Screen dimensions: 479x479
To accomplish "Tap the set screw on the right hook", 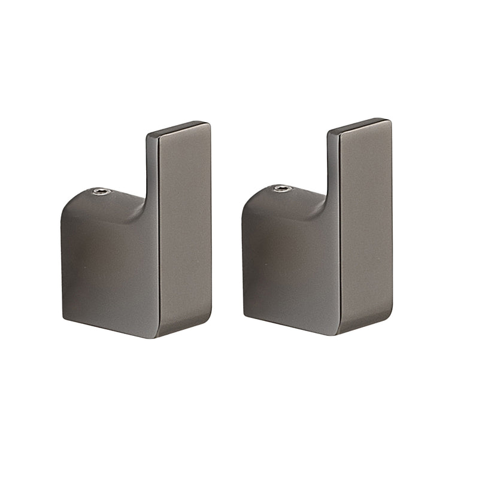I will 283,189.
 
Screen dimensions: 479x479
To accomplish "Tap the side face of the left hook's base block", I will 108,269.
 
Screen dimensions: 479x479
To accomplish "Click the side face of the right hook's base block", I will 289,266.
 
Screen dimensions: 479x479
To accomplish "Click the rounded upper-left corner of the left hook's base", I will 67,207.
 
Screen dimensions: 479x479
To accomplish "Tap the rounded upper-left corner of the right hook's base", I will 248,204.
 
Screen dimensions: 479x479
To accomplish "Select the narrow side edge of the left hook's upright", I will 152,174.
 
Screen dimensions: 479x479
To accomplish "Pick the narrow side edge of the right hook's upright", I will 333,171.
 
